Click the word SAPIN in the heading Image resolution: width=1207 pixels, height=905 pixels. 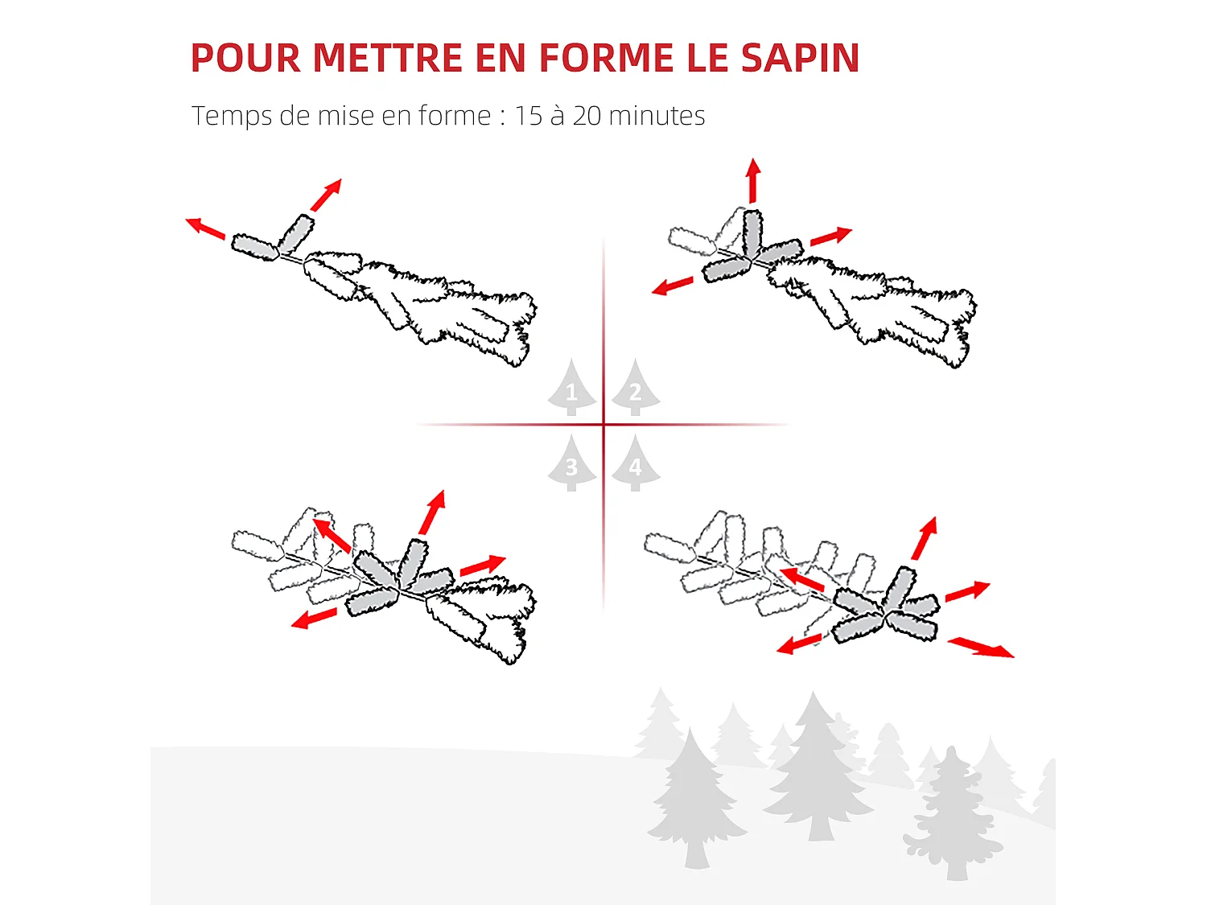[800, 58]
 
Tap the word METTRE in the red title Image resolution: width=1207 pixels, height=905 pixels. [387, 58]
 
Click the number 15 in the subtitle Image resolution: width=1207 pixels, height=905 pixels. [529, 116]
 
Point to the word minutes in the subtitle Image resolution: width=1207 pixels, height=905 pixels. [657, 116]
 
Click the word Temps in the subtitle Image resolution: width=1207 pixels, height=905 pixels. [232, 117]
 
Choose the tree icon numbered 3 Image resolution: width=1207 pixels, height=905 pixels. [572, 465]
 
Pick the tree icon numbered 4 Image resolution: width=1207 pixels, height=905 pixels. [635, 465]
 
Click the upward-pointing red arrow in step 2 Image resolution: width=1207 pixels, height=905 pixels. [753, 180]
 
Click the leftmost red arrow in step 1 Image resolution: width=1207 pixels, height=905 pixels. [205, 228]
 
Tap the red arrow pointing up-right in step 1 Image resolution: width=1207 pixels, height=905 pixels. [327, 195]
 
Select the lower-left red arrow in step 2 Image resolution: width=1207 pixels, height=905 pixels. [673, 286]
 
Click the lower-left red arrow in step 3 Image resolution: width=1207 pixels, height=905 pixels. [314, 619]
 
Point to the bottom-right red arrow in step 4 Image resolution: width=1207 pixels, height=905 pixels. [981, 647]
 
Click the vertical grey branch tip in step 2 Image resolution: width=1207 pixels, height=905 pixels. [752, 232]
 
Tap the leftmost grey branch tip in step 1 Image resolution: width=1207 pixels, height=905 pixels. [254, 247]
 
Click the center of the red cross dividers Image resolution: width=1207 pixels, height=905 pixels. [603, 424]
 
